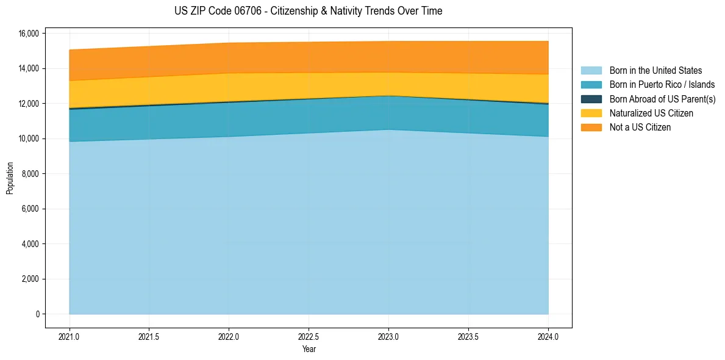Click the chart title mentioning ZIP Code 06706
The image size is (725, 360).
click(308, 11)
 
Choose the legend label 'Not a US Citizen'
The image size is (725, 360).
click(640, 127)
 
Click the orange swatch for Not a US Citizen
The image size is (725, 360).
click(591, 127)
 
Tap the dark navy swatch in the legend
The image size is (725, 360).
click(591, 99)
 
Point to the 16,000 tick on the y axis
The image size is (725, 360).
click(28, 33)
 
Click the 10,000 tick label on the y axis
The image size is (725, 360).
click(28, 139)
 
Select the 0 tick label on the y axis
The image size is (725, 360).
click(37, 314)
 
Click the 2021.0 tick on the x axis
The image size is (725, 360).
click(70, 336)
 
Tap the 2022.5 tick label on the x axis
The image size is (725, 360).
click(309, 336)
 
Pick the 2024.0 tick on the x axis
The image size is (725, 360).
click(548, 336)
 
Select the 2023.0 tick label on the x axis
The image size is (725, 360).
click(388, 336)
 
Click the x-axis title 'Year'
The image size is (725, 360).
click(309, 349)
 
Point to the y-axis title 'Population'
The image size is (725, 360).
click(10, 178)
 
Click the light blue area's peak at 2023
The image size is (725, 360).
click(388, 130)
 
